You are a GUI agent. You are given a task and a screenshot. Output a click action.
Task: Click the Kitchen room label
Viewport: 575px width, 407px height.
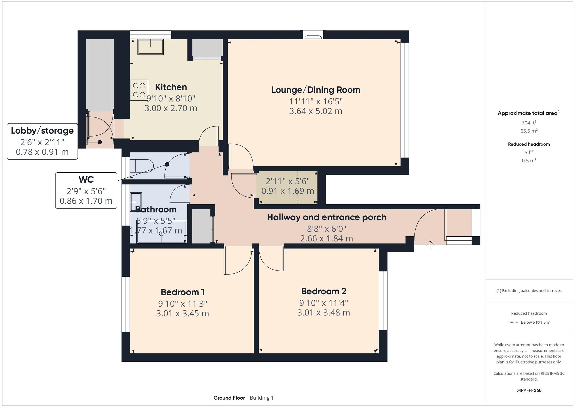coord(171,87)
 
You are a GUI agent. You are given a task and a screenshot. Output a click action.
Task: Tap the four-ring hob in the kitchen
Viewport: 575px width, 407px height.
coord(139,90)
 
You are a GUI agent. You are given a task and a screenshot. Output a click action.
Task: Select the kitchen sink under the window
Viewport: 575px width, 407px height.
coord(151,47)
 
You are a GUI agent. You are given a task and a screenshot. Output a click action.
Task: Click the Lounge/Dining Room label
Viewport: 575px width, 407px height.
coord(316,90)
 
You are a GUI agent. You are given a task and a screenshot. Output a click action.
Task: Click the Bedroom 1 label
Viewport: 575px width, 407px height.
coord(183,292)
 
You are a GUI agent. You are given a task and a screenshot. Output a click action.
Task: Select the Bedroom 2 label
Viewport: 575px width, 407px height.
coord(324,291)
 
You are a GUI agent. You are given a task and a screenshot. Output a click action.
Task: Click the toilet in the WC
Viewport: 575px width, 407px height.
coord(142,165)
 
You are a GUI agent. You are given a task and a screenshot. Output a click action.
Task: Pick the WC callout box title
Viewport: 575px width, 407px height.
coord(86,179)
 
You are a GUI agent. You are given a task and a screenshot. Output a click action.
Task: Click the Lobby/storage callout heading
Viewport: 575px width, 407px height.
coord(42,131)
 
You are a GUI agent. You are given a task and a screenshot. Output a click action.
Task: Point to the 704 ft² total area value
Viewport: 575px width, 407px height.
coord(529,123)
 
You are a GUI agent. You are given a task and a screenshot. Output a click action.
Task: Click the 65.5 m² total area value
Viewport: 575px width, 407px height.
coord(529,131)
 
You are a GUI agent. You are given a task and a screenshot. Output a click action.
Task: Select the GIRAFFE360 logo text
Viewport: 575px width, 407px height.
coord(529,391)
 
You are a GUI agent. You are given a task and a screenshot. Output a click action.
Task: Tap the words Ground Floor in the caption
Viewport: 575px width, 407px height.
coord(229,398)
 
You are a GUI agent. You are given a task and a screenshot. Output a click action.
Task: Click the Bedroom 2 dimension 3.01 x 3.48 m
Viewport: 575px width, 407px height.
coord(324,313)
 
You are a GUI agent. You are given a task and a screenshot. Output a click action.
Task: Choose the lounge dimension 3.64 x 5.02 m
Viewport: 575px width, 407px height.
coord(316,111)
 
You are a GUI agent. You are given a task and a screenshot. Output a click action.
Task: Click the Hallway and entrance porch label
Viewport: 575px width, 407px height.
coord(327,217)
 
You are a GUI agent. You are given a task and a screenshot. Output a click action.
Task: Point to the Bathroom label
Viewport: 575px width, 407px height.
coord(156,209)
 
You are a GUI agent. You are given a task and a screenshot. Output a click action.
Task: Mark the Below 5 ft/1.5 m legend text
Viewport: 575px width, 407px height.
coord(535,322)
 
